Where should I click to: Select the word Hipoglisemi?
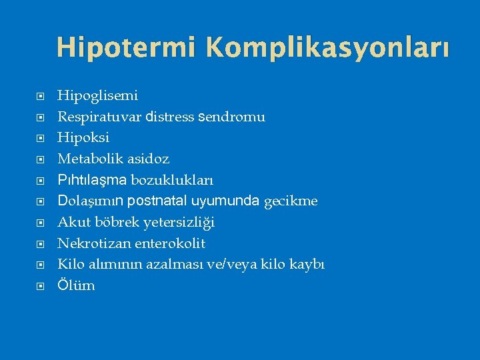coord(98,96)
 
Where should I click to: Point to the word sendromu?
coord(232,117)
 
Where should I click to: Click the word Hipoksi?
coord(84,138)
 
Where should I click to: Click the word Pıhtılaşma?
coord(92,180)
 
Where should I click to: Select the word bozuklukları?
coord(173,180)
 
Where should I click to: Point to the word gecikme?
coord(291,201)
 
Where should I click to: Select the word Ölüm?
coord(77,285)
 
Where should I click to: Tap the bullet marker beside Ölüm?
coord(40,286)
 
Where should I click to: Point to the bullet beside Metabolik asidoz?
coord(40,159)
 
